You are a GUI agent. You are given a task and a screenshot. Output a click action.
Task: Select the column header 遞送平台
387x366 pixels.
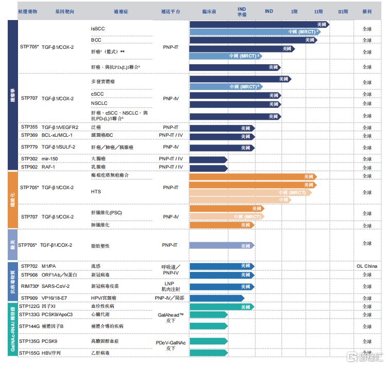tap(170, 11)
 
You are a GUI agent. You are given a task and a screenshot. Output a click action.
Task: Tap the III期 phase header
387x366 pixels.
tap(342, 11)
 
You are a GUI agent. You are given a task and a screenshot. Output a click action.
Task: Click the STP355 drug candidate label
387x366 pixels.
tap(29, 127)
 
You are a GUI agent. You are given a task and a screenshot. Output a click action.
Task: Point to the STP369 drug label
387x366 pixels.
tap(29, 135)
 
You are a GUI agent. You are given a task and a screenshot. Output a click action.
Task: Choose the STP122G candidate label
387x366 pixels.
tap(29, 306)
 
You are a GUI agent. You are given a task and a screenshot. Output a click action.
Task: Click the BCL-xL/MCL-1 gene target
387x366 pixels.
tap(57, 135)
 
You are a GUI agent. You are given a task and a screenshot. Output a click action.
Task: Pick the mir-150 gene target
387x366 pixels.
tap(50, 159)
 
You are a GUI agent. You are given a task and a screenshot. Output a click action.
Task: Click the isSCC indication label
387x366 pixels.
tap(98, 28)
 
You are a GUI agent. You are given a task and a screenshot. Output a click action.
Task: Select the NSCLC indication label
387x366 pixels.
tap(99, 103)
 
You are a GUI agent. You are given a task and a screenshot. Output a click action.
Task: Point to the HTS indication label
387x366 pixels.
tap(96, 191)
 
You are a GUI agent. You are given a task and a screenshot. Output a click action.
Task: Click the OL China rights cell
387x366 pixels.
tap(366, 266)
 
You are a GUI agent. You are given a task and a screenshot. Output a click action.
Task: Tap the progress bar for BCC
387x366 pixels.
tap(253, 40)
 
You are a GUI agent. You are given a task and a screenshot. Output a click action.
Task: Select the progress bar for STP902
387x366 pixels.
tap(208, 167)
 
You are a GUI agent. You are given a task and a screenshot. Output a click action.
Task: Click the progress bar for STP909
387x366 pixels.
tap(216, 298)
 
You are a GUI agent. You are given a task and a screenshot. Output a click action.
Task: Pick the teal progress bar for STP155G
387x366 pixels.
tap(208, 353)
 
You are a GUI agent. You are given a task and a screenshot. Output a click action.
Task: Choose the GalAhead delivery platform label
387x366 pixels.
tap(170, 314)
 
